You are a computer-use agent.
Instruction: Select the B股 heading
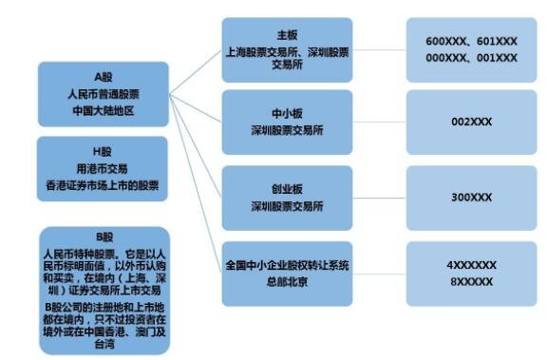(x=104, y=237)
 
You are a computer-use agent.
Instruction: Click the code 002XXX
(x=472, y=122)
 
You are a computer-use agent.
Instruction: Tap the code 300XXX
(x=472, y=198)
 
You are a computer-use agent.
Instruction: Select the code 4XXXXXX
(x=472, y=266)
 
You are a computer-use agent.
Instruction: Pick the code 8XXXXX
(x=472, y=281)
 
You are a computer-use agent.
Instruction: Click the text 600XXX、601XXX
(x=472, y=42)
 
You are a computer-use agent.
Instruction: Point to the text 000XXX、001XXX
(x=472, y=58)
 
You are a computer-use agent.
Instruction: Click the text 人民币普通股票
(x=104, y=93)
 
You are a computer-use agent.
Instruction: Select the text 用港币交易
(x=104, y=167)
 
